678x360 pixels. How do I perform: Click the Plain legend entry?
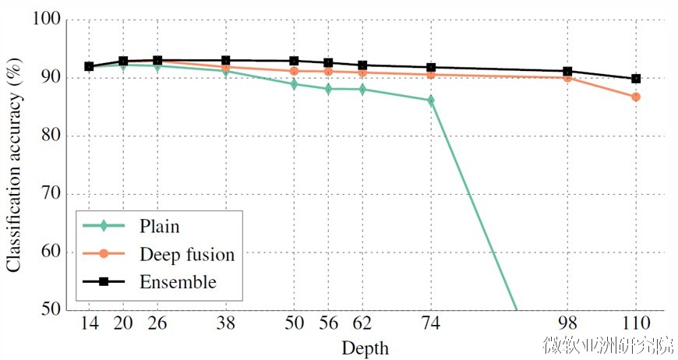point(159,227)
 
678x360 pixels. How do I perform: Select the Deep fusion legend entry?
point(186,254)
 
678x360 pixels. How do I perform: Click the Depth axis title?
point(364,347)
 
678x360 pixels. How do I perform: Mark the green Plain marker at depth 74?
point(430,101)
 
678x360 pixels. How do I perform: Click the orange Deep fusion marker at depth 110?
point(635,97)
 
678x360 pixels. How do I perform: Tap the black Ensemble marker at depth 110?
point(635,79)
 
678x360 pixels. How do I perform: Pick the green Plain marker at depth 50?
point(294,83)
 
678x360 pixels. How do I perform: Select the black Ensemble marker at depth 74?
point(430,68)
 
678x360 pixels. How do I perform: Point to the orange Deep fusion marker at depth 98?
point(567,77)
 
